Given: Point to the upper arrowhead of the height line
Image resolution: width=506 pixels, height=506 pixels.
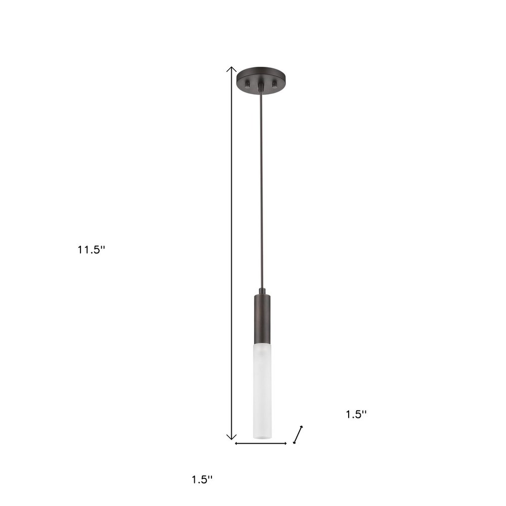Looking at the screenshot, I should point(231,69).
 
